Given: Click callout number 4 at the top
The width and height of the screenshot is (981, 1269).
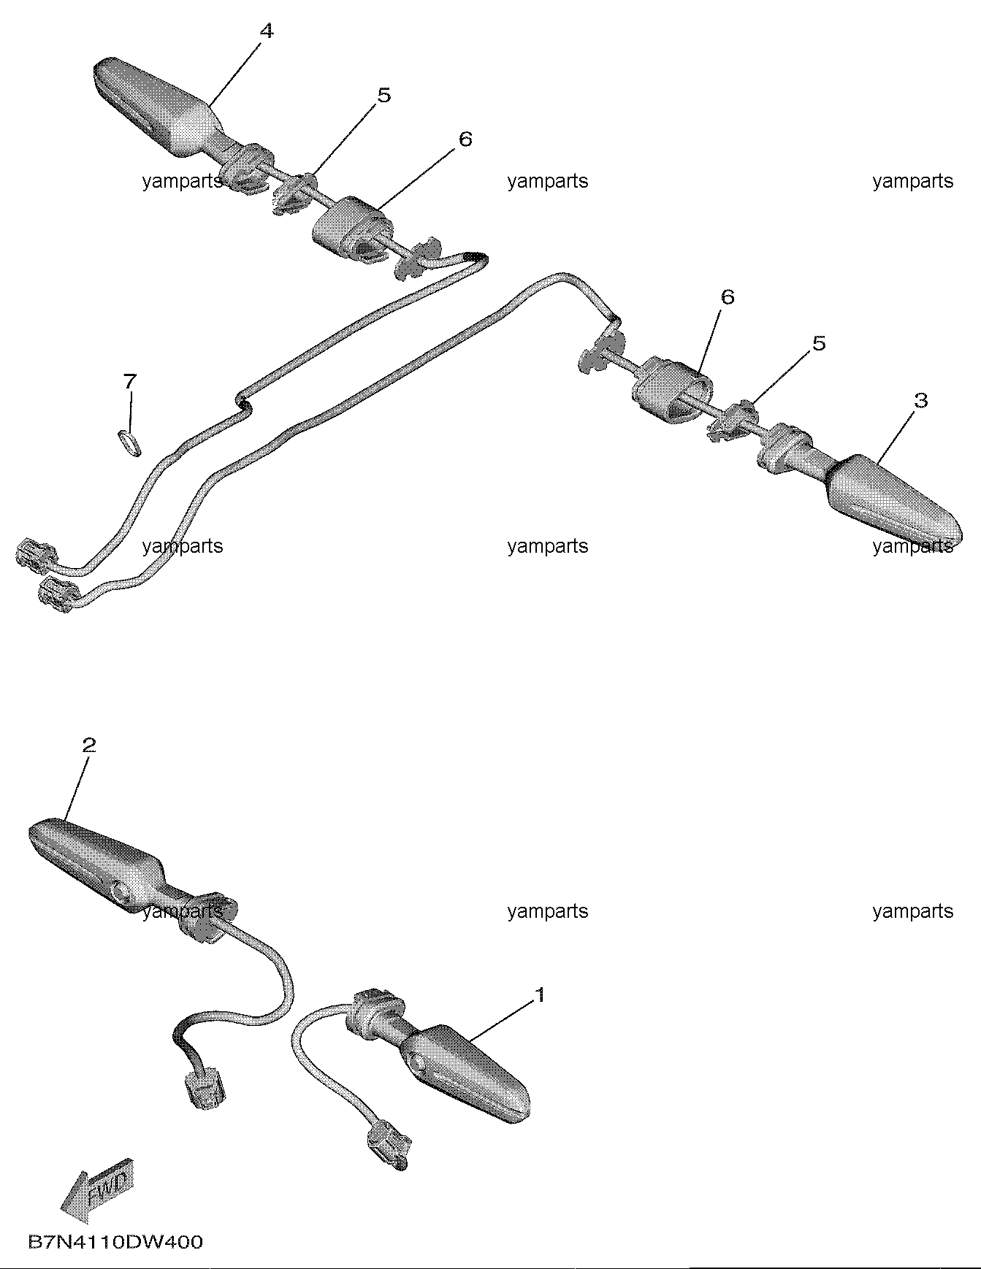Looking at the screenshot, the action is [x=267, y=31].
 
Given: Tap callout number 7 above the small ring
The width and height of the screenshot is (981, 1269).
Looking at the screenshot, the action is [x=130, y=381].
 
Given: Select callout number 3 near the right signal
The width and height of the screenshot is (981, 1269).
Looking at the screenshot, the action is [x=920, y=400].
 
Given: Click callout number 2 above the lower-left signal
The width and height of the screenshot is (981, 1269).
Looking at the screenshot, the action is [x=88, y=745].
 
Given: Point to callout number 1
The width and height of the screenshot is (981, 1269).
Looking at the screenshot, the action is [x=541, y=995].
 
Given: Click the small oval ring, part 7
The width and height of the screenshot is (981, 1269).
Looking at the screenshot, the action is [x=129, y=442].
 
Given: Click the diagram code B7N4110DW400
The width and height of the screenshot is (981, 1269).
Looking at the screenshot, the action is [x=115, y=1241].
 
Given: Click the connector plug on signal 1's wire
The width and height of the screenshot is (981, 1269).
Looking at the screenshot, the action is [x=388, y=1146].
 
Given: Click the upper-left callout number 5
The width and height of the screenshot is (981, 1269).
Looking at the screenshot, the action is [x=383, y=95].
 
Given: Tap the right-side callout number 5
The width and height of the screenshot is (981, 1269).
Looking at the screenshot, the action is [x=819, y=342].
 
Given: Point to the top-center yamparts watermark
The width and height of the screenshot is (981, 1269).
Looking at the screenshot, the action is [x=547, y=181].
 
